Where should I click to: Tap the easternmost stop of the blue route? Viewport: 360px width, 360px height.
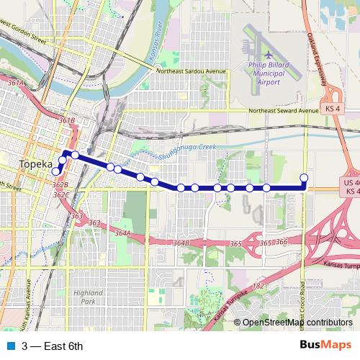click(x=304, y=178)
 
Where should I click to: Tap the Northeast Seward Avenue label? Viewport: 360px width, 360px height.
click(x=282, y=111)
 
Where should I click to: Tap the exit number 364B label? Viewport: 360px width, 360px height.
click(x=181, y=243)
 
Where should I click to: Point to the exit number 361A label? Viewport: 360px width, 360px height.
click(x=16, y=84)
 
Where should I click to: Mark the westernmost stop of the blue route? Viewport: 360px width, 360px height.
click(x=56, y=171)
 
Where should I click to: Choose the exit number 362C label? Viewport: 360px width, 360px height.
click(x=60, y=194)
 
